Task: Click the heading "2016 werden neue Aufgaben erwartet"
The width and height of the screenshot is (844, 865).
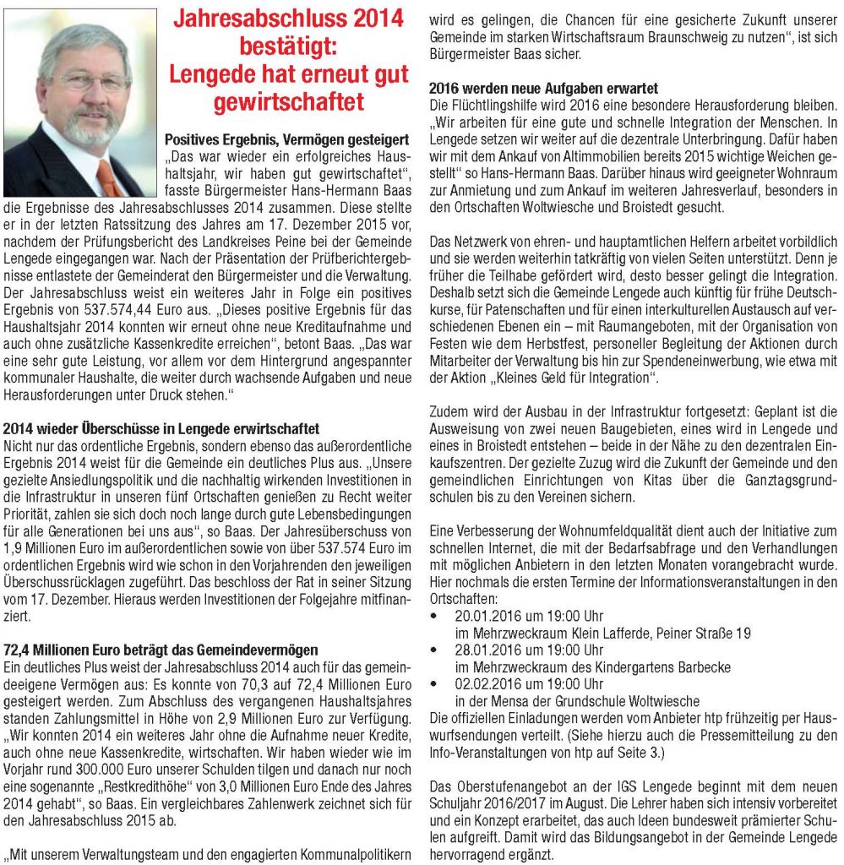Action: coord(543,88)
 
